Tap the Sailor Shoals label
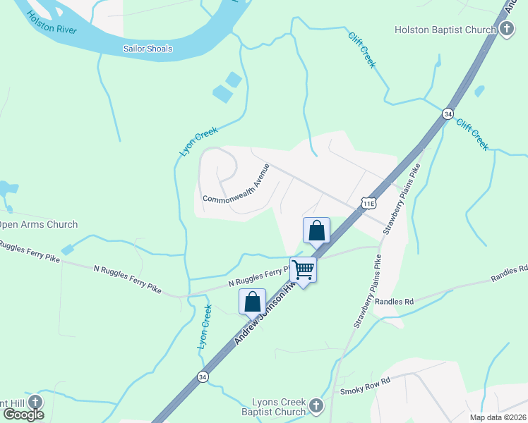148,49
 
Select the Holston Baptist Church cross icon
506,29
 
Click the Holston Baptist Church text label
445,29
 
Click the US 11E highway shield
368,203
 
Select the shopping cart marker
303,270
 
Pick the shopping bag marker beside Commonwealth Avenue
316,231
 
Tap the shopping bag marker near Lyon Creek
252,302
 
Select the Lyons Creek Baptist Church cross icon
316,406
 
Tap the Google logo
23,414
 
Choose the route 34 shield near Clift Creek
448,114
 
